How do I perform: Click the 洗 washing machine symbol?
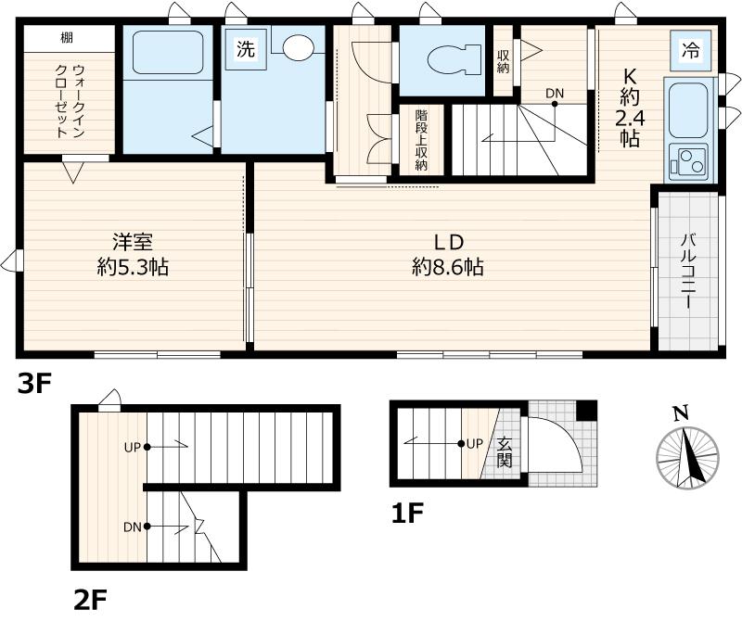click(244, 50)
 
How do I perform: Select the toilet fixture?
click(444, 57)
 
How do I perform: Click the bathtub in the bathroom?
click(168, 53)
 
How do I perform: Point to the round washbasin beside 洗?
click(299, 49)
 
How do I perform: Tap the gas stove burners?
click(687, 162)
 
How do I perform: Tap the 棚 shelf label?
click(67, 38)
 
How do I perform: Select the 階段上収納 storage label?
click(420, 140)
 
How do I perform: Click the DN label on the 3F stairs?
click(555, 93)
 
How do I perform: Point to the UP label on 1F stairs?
click(473, 444)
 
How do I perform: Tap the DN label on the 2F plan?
click(132, 527)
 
